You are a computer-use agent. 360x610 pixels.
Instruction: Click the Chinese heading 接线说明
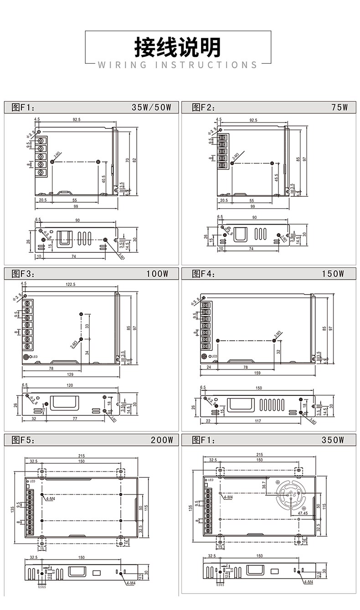pyautogui.click(x=178, y=46)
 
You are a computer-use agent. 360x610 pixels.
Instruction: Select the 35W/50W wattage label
pyautogui.click(x=151, y=108)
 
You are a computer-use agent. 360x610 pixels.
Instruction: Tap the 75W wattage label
pyautogui.click(x=340, y=108)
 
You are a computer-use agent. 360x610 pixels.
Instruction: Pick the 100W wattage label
pyautogui.click(x=158, y=274)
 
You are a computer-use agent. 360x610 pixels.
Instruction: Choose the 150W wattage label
pyautogui.click(x=332, y=274)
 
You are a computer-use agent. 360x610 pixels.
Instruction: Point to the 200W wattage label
pyautogui.click(x=162, y=441)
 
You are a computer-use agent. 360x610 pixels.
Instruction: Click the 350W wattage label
pyautogui.click(x=332, y=441)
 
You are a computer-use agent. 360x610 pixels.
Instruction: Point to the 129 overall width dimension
pyautogui.click(x=70, y=375)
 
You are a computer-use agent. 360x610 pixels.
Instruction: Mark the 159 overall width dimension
pyautogui.click(x=258, y=373)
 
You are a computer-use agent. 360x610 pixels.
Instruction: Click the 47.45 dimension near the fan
pyautogui.click(x=303, y=513)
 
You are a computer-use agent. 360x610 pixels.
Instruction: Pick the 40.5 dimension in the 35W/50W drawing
pyautogui.click(x=104, y=179)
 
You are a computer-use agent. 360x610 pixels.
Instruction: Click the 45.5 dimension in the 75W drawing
pyautogui.click(x=277, y=178)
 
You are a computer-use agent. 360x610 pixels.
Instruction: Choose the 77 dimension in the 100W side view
pyautogui.click(x=75, y=418)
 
